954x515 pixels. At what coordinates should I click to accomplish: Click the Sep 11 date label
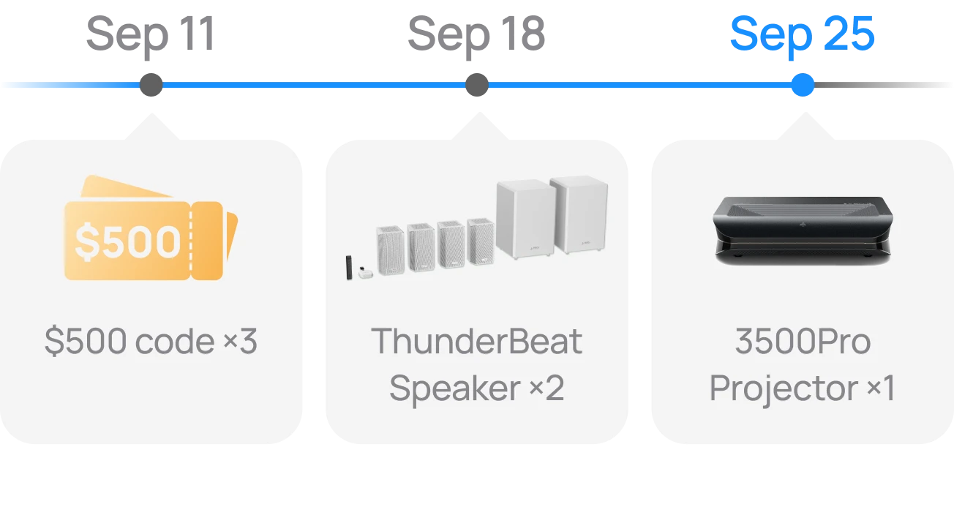tap(150, 35)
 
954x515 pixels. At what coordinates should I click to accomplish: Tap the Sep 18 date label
tap(476, 35)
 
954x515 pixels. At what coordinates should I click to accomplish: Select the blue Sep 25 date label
tap(803, 35)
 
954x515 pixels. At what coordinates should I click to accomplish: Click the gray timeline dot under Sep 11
tap(151, 85)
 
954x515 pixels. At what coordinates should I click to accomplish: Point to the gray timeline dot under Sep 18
tap(477, 85)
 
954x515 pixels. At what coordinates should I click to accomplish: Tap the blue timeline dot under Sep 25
tap(803, 85)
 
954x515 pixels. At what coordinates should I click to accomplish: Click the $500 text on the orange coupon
tap(128, 241)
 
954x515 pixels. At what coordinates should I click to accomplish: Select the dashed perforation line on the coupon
tap(191, 241)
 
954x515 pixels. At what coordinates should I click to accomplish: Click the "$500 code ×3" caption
tap(151, 341)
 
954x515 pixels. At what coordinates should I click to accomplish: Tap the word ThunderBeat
tap(476, 341)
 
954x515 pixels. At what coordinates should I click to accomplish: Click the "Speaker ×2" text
tap(476, 388)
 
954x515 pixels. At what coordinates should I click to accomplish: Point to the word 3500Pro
tap(803, 341)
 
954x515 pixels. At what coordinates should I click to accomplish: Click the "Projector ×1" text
tap(803, 388)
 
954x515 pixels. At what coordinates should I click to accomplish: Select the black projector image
tap(803, 230)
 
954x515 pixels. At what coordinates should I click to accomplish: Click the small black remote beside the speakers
tap(349, 268)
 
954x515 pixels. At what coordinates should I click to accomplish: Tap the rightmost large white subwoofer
tap(579, 215)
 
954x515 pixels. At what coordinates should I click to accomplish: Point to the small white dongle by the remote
tap(365, 273)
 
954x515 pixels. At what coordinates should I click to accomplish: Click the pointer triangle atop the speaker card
tap(479, 127)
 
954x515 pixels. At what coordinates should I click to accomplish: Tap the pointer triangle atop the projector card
tap(805, 127)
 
